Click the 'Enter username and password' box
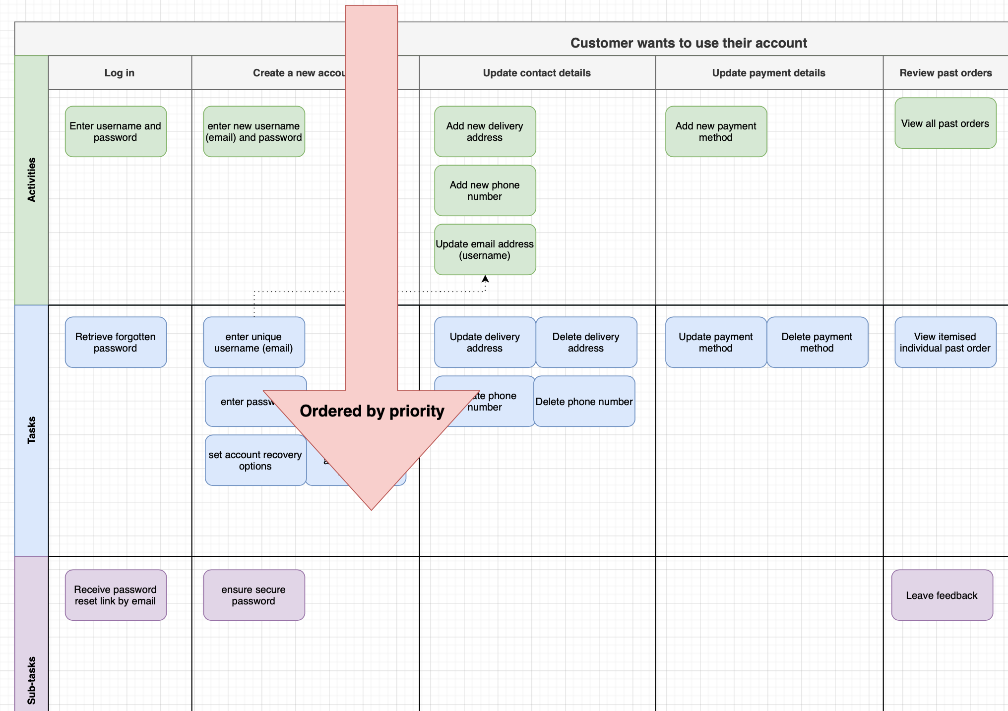click(x=116, y=131)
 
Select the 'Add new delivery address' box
click(x=485, y=131)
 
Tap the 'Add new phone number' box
click(x=485, y=190)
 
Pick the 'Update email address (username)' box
click(x=485, y=249)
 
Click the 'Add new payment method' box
click(x=716, y=131)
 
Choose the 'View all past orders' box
click(x=945, y=123)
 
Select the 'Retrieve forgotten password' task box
click(x=116, y=342)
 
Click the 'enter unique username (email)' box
click(x=253, y=342)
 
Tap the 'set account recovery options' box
click(x=255, y=460)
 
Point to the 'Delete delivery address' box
click(x=586, y=342)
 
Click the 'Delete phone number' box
click(x=584, y=401)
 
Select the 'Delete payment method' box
click(x=817, y=342)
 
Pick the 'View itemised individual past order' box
click(x=945, y=342)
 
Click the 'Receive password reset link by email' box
click(x=116, y=595)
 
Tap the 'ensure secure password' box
click(x=253, y=595)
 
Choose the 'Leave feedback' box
click(x=942, y=595)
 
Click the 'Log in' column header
click(x=120, y=73)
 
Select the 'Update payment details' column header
click(x=768, y=73)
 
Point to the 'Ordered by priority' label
click(x=372, y=411)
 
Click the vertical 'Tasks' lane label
click(x=32, y=430)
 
